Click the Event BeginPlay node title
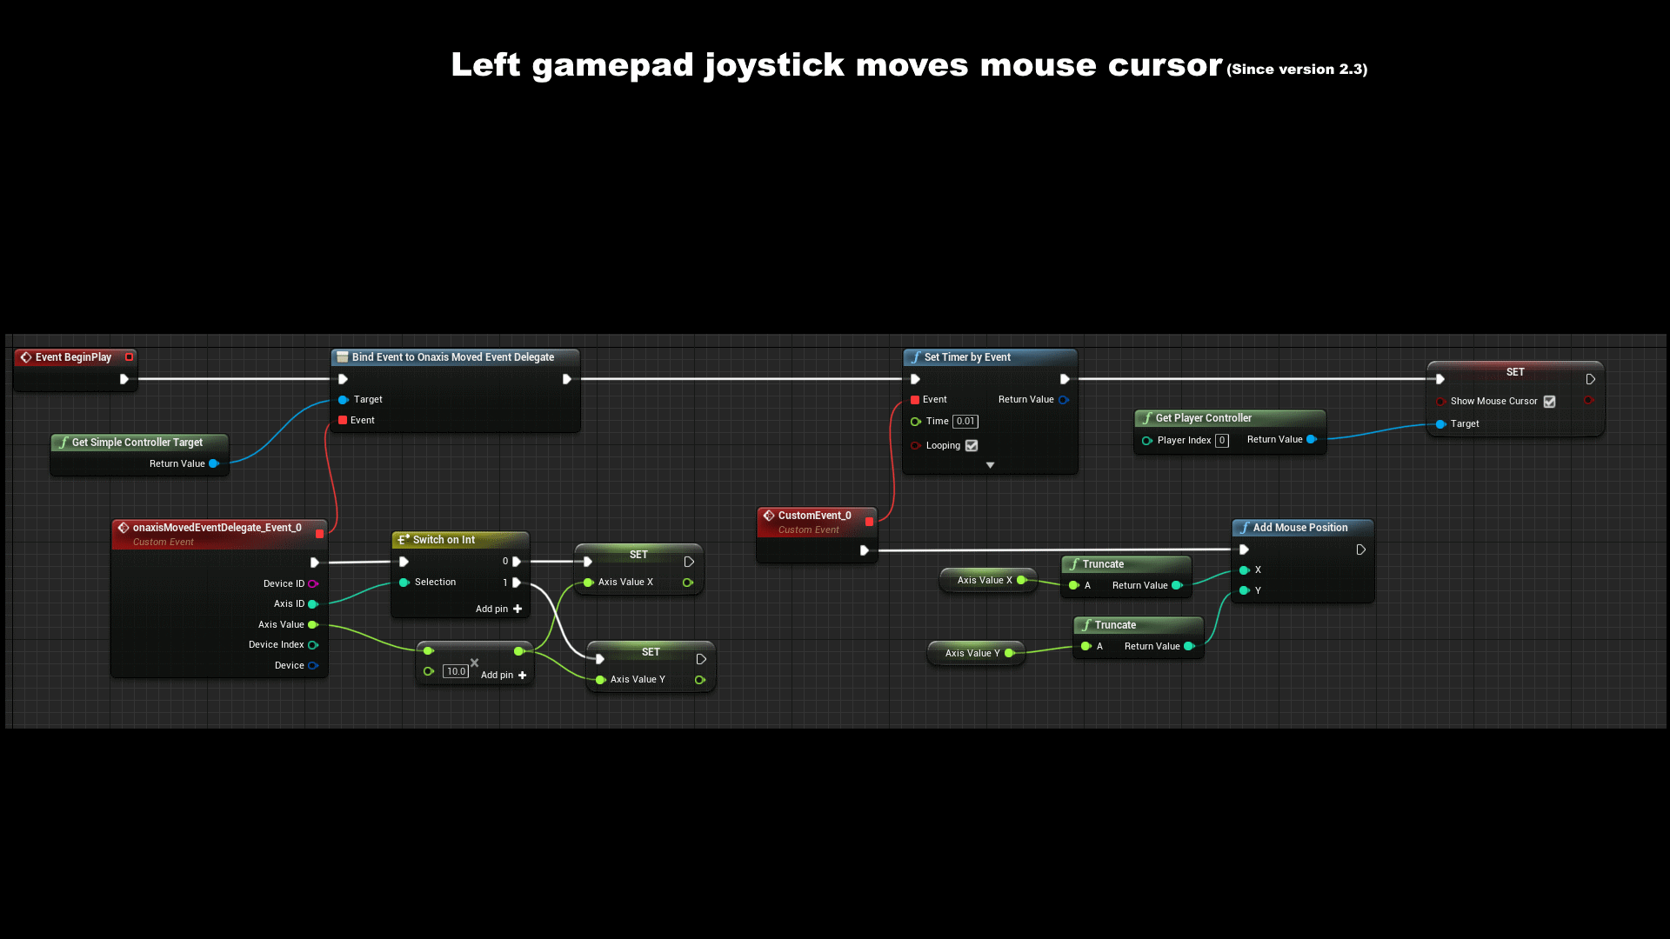pos(73,357)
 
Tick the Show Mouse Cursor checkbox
pos(1549,402)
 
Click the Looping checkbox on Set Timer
pos(972,446)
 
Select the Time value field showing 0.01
pos(965,422)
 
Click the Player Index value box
pos(1222,441)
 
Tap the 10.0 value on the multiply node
pos(456,672)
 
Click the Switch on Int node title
pos(444,540)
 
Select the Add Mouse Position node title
pos(1299,528)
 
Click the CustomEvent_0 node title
pos(814,516)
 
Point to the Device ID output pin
pos(313,584)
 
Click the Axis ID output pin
pos(313,604)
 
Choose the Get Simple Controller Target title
pos(137,443)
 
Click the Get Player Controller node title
pos(1203,418)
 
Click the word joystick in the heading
pos(774,65)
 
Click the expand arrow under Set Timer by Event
pos(990,466)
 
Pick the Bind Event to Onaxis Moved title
pos(452,357)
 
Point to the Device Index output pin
pos(313,645)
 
